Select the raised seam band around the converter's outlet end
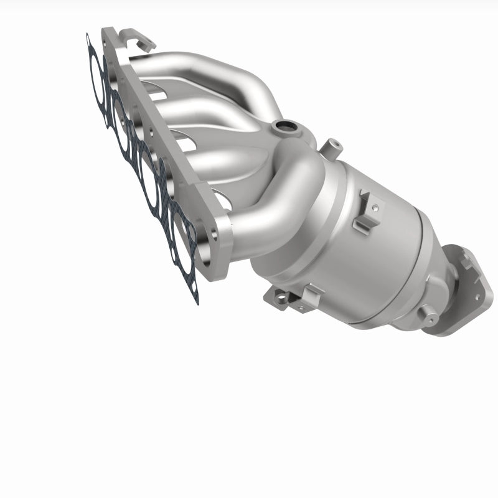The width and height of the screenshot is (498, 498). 430,261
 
